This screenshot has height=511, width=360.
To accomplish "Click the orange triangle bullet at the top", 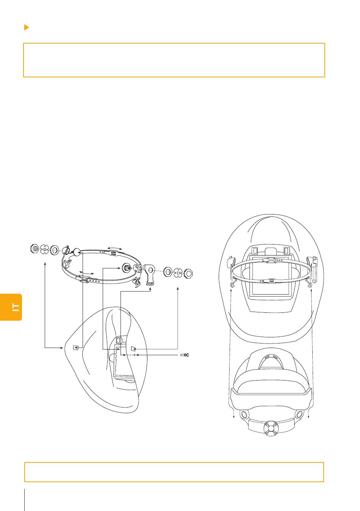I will [27, 27].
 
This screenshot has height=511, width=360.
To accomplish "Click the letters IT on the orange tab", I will [16, 307].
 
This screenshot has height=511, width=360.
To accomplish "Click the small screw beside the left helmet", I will [185, 355].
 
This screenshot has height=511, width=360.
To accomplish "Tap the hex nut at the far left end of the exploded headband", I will [34, 249].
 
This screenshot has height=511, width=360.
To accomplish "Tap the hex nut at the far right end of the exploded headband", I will [188, 273].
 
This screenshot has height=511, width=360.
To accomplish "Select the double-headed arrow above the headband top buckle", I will [114, 248].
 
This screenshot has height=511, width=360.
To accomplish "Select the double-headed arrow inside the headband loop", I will [87, 273].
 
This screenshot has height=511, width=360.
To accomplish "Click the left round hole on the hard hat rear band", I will [243, 413].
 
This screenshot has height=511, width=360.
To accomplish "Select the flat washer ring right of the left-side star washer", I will [54, 249].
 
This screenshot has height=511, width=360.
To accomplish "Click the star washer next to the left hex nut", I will [44, 249].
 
